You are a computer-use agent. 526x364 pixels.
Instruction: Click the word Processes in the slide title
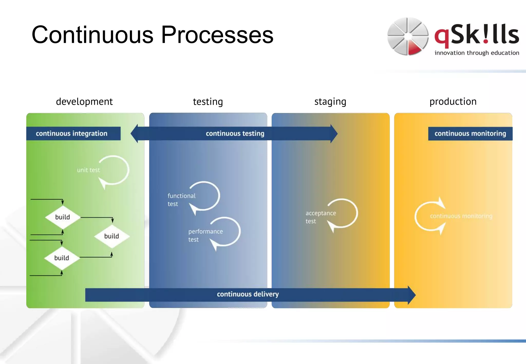pos(217,35)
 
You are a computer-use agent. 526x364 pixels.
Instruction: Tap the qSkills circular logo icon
pos(408,36)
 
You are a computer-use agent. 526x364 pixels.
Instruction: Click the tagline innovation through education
pos(477,53)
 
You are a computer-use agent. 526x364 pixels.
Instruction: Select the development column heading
pos(84,102)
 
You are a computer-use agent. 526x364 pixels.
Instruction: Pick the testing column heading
pos(208,102)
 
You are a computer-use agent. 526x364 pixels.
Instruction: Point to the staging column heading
pos(330,102)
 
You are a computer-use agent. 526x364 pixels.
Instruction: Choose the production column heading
pos(453,102)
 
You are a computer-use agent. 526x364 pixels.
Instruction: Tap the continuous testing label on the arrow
pos(235,133)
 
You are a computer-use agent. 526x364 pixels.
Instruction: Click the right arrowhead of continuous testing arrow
pos(334,134)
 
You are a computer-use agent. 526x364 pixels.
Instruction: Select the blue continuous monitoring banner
pos(470,133)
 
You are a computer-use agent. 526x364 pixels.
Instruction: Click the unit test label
pos(88,170)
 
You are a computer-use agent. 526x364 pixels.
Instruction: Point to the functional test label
pos(181,200)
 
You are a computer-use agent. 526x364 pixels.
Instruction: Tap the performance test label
pos(205,235)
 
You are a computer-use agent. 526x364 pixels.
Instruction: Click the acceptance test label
pos(320,217)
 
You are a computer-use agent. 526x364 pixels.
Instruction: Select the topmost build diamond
pos(62,217)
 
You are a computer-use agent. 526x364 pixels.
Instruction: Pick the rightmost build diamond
pos(112,236)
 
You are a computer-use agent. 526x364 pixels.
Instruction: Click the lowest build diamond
pos(62,258)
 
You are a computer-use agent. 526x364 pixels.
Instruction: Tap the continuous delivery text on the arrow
pos(248,294)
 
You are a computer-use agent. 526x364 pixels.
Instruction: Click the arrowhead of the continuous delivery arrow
pos(411,295)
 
